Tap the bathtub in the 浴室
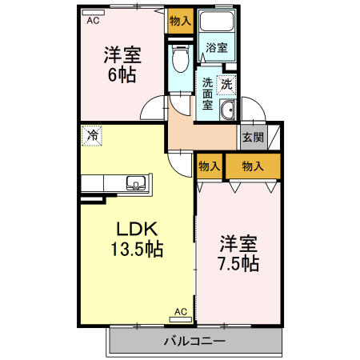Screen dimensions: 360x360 pyautogui.click(x=217, y=21)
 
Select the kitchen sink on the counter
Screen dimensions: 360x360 pyautogui.click(x=137, y=183)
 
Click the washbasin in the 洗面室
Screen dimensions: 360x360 pyautogui.click(x=227, y=110)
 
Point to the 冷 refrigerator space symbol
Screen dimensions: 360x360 pyautogui.click(x=92, y=136)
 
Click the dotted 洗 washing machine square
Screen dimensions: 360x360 pyautogui.click(x=226, y=85)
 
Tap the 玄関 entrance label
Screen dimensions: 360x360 pyautogui.click(x=253, y=137)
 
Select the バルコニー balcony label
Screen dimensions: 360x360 pyautogui.click(x=194, y=341)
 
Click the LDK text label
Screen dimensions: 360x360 pyautogui.click(x=137, y=230)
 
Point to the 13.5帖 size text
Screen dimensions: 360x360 pyautogui.click(x=137, y=249)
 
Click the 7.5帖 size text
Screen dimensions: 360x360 pyautogui.click(x=238, y=264)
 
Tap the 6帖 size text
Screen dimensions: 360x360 pyautogui.click(x=122, y=75)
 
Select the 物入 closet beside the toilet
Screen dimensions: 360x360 pyautogui.click(x=181, y=21)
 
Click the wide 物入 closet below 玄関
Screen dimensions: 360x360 pyautogui.click(x=253, y=166)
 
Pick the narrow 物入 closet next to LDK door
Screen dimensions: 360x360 pyautogui.click(x=210, y=166)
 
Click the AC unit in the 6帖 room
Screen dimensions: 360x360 pyautogui.click(x=93, y=13)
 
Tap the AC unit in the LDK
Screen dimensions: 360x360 pyautogui.click(x=181, y=319)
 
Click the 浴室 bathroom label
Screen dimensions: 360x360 pyautogui.click(x=217, y=48)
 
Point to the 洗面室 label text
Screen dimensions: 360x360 pyautogui.click(x=207, y=94)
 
